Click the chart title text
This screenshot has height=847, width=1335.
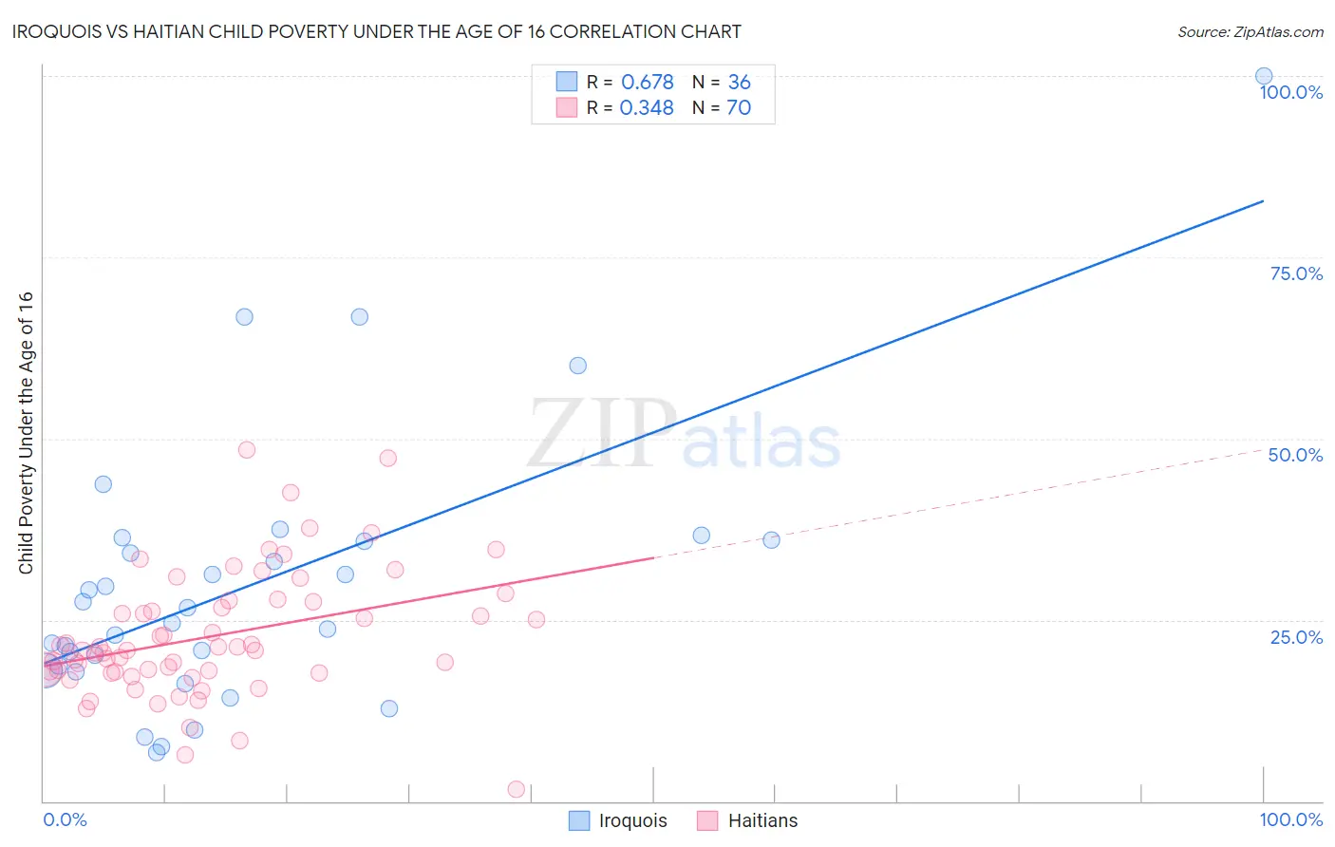376,31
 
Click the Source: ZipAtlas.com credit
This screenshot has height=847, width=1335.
1250,31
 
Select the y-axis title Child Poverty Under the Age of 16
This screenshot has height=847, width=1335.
26,432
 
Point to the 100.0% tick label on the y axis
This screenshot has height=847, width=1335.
1290,92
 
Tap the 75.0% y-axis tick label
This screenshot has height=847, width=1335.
1296,273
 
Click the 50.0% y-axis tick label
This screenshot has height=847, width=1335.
1295,455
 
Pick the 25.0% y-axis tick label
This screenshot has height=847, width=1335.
1296,637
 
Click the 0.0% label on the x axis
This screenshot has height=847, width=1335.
65,819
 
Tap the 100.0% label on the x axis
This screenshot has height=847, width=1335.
1290,819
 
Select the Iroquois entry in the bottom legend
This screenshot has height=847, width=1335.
618,820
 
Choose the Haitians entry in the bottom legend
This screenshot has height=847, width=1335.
747,820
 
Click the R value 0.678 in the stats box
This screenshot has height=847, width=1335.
647,83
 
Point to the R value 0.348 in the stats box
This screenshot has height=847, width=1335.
647,108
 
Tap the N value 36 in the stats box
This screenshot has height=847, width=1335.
739,83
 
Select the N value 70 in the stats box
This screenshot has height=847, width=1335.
739,108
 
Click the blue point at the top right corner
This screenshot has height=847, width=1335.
1264,76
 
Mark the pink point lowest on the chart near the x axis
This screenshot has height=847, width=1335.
517,789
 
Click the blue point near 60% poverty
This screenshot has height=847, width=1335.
577,366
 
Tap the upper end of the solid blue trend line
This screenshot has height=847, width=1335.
1263,201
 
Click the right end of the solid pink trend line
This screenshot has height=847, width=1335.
653,557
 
